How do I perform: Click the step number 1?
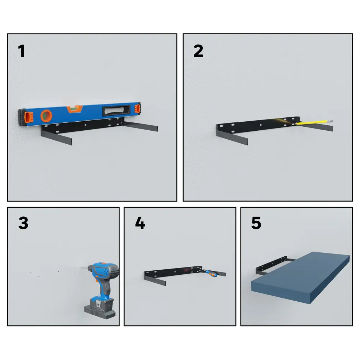point(22,51)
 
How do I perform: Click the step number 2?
point(198,51)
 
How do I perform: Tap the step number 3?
point(23,223)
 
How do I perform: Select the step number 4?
point(140,223)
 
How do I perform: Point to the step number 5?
point(256,223)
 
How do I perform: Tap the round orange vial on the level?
point(46,116)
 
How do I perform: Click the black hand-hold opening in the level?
point(117,110)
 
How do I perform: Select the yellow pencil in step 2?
point(314,122)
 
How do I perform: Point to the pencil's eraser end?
point(330,121)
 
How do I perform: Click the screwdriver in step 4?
point(207,271)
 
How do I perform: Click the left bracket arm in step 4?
point(155,279)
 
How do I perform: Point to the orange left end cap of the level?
point(29,117)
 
